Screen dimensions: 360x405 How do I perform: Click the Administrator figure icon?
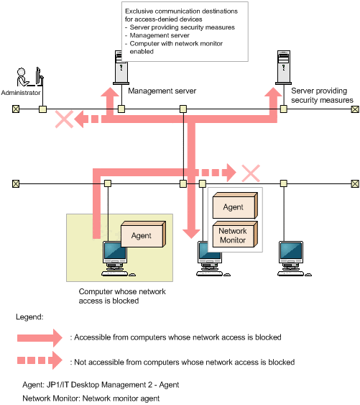30,77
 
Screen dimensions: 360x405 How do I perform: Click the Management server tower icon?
121,68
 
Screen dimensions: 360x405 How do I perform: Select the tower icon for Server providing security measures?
283,68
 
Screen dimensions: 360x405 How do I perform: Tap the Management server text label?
162,91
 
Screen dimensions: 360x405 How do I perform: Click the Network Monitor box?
235,235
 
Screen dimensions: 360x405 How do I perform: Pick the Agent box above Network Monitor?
235,206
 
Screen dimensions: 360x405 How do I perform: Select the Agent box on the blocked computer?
143,234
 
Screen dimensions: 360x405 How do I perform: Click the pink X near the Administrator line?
64,119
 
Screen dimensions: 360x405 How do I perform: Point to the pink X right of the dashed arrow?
251,173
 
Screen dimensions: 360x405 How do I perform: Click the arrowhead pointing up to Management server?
110,92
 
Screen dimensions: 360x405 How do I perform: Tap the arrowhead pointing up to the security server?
273,92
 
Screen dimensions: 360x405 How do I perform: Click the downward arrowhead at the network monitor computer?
191,234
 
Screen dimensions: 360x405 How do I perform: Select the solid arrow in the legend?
40,338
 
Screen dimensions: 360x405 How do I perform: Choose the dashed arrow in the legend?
40,360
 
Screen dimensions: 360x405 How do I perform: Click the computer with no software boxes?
294,259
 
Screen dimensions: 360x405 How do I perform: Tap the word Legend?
29,317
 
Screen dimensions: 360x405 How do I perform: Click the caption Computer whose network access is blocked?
122,296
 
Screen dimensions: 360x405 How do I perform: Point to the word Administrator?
21,93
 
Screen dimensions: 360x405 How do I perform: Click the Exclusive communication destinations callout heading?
181,15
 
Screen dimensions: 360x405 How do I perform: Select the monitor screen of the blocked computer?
114,251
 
